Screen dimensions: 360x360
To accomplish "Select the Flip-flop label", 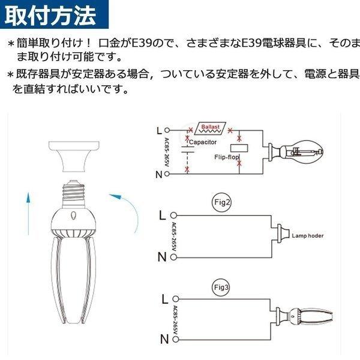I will pos(226,157).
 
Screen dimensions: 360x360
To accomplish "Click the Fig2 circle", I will pos(222,202).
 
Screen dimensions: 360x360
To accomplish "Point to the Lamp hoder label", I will pos(307,236).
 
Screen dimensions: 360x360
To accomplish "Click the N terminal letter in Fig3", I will pos(163,340).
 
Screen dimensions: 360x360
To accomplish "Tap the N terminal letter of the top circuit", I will pos(158,174).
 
